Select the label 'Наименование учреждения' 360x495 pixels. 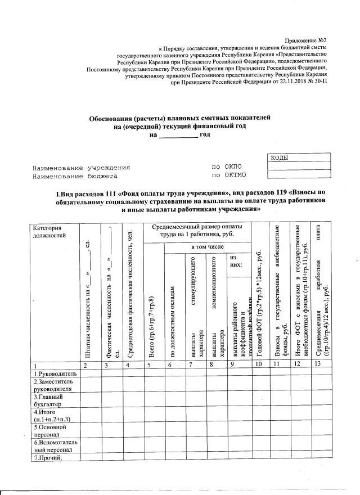pyautogui.click(x=82, y=168)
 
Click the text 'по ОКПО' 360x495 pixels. pyautogui.click(x=226, y=168)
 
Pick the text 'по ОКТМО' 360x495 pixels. pyautogui.click(x=228, y=175)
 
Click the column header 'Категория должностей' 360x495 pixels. pyautogui.click(x=49, y=231)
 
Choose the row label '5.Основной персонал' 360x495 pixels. pyautogui.click(x=49, y=430)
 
